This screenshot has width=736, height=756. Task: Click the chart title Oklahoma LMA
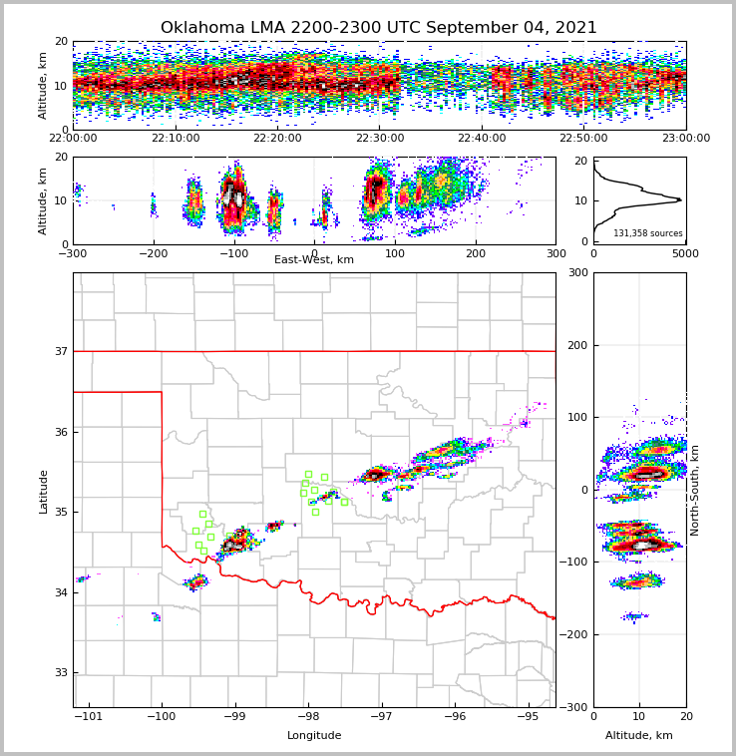pyautogui.click(x=378, y=28)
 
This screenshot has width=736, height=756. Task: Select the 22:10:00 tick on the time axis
pyautogui.click(x=176, y=139)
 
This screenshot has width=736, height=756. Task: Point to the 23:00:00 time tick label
pyautogui.click(x=685, y=139)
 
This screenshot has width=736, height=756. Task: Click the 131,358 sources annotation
pyautogui.click(x=647, y=233)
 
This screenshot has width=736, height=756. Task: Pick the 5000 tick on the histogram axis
pyautogui.click(x=685, y=253)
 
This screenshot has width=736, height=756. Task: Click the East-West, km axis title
pyautogui.click(x=314, y=260)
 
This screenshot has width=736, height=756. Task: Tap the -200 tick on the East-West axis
pyautogui.click(x=153, y=253)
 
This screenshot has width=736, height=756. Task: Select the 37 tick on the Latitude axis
pyautogui.click(x=61, y=351)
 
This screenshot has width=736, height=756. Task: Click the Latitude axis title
pyautogui.click(x=44, y=491)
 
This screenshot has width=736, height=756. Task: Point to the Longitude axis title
pyautogui.click(x=314, y=735)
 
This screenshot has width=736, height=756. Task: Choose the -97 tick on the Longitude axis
pyautogui.click(x=381, y=716)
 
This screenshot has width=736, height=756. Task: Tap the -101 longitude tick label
pyautogui.click(x=89, y=716)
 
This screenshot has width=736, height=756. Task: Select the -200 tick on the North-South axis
pyautogui.click(x=576, y=634)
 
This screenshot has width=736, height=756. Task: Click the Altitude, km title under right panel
pyautogui.click(x=639, y=735)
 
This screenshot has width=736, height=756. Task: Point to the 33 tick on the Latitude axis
pyautogui.click(x=61, y=672)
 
